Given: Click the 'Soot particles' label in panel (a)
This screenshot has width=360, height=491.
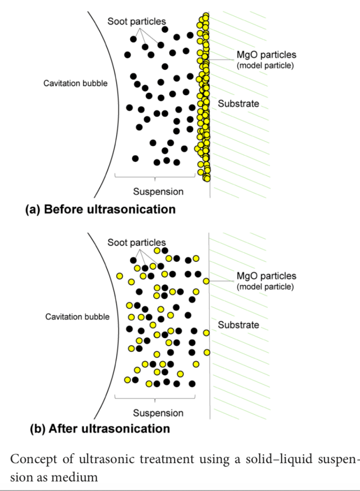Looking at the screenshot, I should coord(137,21).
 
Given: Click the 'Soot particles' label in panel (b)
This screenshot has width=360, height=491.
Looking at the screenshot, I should coord(137,243).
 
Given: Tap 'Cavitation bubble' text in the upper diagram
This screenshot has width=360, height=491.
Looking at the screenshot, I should coord(76,83).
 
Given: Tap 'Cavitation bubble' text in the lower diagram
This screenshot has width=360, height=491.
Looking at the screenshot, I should coord(77,316).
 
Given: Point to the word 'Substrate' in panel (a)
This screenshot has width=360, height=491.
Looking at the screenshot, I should coord(239,104).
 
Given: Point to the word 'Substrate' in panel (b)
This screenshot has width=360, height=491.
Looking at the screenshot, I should coord(239,325).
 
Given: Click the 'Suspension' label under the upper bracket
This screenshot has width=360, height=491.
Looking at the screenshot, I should coord(158,192).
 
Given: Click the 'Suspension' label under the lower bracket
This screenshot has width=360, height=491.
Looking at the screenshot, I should coord(158,413).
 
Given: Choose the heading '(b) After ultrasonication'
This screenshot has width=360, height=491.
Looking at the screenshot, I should coord(100,428).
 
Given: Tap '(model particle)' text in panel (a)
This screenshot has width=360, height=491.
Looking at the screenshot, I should coord(265,66).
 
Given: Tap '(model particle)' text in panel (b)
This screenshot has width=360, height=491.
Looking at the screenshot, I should coord(265,287).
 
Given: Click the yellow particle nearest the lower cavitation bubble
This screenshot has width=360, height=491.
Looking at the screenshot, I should coord(119,276).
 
